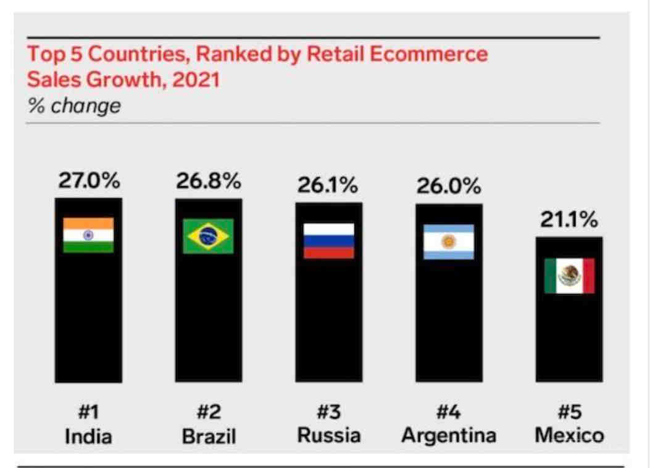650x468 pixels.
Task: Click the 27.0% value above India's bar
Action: pos(89,181)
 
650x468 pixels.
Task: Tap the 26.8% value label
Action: pos(209,181)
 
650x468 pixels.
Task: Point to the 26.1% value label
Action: pos(328,184)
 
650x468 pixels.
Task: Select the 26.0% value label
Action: pos(449,186)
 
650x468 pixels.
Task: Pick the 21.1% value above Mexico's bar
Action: pos(569,220)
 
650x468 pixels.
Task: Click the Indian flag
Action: pos(88,235)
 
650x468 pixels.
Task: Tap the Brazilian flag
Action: pos(208,236)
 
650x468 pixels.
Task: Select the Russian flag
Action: pos(328,240)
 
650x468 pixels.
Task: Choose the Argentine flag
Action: pos(449,242)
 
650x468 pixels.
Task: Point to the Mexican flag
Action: pos(569,276)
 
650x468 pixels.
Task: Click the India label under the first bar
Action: pos(89,437)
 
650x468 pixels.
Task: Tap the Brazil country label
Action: pos(209,437)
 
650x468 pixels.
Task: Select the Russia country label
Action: pos(328,435)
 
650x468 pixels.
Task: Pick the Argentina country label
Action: pos(449,435)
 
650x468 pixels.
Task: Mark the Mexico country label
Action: pos(569,435)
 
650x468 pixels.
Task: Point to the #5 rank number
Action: pos(569,412)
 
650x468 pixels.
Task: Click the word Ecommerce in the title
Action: pos(428,54)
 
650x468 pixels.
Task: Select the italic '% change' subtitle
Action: pos(75,106)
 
